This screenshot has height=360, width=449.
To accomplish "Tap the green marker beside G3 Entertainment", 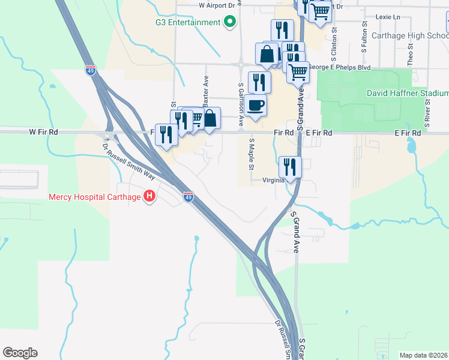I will point(229,23).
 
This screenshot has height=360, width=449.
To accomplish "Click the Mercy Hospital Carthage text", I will point(95,197).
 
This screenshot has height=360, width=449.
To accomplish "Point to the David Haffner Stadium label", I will point(408,94).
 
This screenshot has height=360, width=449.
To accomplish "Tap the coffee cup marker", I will point(256,106).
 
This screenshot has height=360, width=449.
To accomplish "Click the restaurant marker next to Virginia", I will point(290,166).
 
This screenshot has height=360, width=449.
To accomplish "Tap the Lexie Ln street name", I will point(387,17).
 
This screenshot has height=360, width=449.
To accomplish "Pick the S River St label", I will point(427,111).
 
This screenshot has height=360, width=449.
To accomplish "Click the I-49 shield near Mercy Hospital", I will point(188,197).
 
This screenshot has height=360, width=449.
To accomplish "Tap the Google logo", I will point(20,353).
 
